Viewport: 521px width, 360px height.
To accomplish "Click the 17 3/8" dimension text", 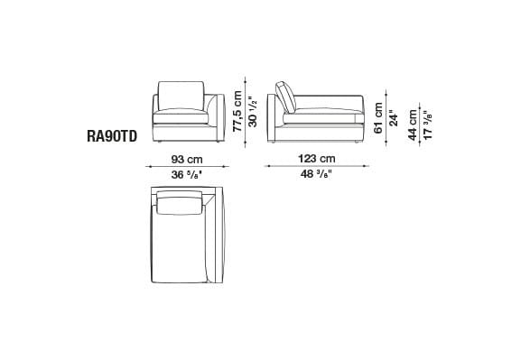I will (429, 123).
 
